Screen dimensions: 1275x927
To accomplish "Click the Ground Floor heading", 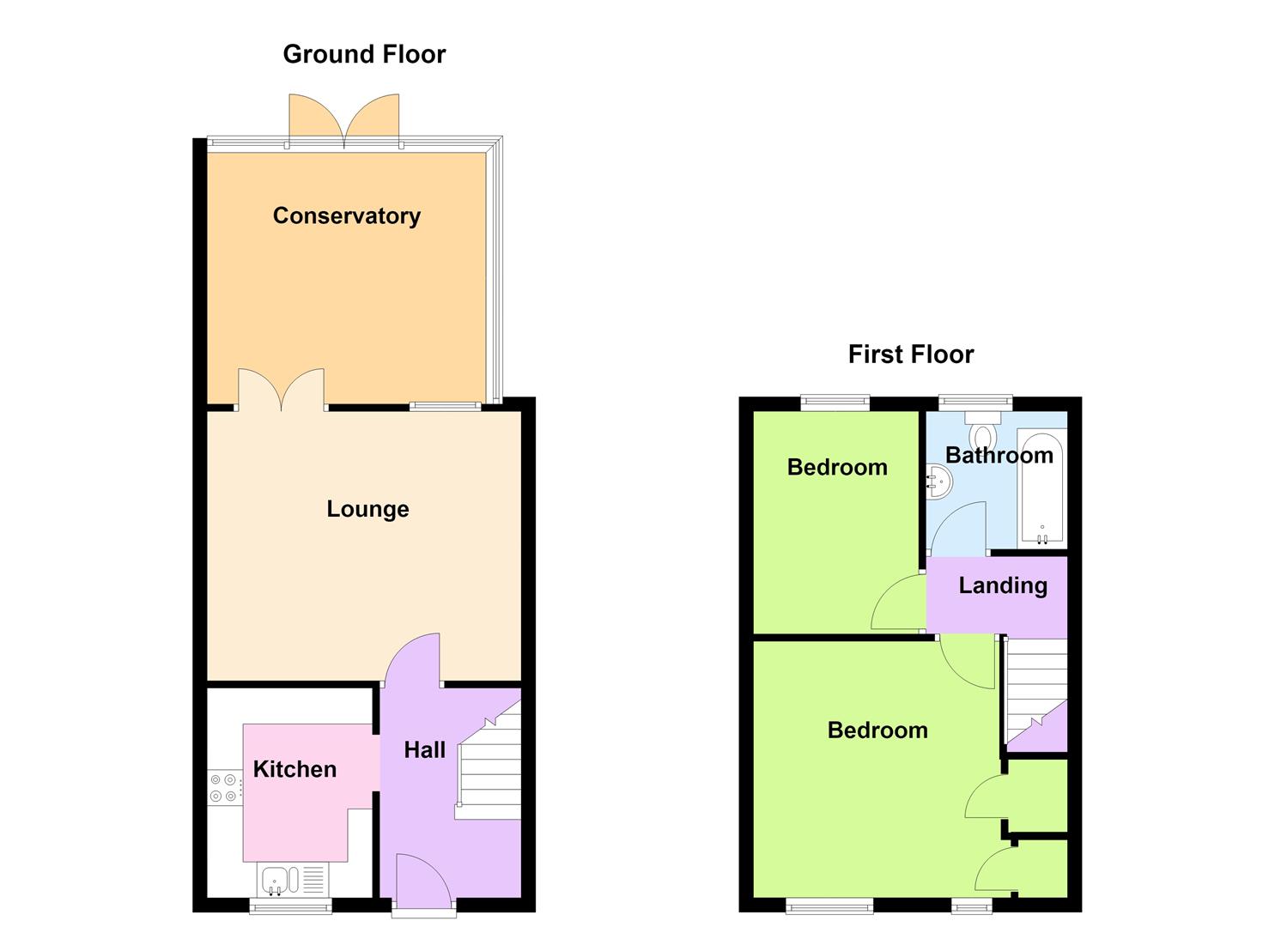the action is coord(364,54).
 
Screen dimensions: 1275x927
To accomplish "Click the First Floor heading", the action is coord(911,354).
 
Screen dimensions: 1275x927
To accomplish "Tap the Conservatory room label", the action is coord(347,215).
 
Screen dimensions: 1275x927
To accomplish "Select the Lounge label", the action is coord(367,509).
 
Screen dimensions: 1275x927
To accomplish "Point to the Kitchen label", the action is coord(294,769).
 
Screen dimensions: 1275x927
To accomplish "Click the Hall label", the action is coord(425,749).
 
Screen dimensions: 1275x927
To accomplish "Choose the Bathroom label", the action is coord(999,455).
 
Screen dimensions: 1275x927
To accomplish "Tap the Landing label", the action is coord(1003,585).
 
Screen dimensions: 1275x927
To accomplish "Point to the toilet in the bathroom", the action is coord(982,430).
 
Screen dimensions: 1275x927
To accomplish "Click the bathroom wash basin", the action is coord(938,482).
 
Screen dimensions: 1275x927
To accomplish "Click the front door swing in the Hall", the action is coord(425,878).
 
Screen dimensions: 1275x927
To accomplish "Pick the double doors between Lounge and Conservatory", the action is coord(281,389).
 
